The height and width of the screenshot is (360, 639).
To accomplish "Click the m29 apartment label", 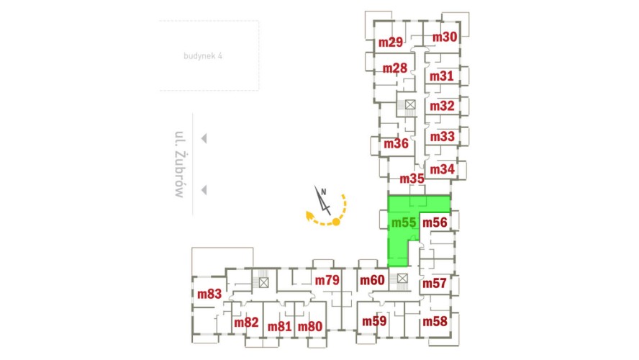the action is pyautogui.click(x=391, y=42).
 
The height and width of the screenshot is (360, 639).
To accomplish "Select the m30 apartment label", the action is pyautogui.click(x=444, y=37).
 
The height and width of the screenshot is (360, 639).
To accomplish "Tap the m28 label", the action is pyautogui.click(x=394, y=68).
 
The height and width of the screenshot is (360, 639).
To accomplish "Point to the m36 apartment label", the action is pyautogui.click(x=396, y=143).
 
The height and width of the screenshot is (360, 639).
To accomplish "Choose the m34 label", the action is pyautogui.click(x=442, y=169).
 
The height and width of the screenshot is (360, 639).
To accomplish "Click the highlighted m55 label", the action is pyautogui.click(x=404, y=222).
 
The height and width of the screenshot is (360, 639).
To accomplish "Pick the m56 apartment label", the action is pyautogui.click(x=435, y=222).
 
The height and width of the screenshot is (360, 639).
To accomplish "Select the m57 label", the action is pyautogui.click(x=435, y=284).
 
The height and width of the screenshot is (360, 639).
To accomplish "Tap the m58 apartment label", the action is pyautogui.click(x=435, y=322).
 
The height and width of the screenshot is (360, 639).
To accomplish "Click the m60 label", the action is pyautogui.click(x=372, y=280).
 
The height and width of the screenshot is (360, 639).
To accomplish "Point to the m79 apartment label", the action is pyautogui.click(x=327, y=280).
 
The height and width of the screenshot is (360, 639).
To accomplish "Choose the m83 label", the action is pyautogui.click(x=209, y=294).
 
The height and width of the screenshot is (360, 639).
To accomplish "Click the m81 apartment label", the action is pyautogui.click(x=279, y=327).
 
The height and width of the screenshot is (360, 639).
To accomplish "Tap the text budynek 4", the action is pyautogui.click(x=203, y=56).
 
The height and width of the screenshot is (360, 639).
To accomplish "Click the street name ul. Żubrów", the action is pyautogui.click(x=180, y=164).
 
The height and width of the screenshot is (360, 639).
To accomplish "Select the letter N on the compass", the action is pyautogui.click(x=324, y=192).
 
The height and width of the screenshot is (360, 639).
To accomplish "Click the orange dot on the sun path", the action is pyautogui.click(x=336, y=222).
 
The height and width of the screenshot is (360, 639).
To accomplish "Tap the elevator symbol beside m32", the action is pyautogui.click(x=410, y=105).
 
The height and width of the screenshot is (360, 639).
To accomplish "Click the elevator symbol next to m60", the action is pyautogui.click(x=402, y=278).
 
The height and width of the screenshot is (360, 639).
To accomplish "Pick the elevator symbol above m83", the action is pyautogui.click(x=263, y=282).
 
